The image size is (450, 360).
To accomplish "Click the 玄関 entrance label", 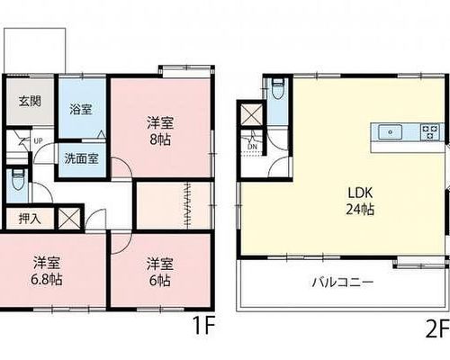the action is pyautogui.click(x=30, y=101).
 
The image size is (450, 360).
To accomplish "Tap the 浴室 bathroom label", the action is pyautogui.click(x=81, y=109).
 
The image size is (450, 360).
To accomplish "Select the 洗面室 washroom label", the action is pyautogui.click(x=82, y=158).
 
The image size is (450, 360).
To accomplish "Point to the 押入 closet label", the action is pyautogui.click(x=30, y=219).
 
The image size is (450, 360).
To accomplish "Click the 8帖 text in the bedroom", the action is pyautogui.click(x=160, y=139).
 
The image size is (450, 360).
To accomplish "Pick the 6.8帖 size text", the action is pyautogui.click(x=47, y=280).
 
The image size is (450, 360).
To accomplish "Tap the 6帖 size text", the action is pyautogui.click(x=160, y=281).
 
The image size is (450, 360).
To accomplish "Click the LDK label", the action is pyautogui.click(x=360, y=193).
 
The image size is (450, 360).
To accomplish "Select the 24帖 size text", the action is pyautogui.click(x=360, y=209).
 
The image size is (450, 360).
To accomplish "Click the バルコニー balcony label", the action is pyautogui.click(x=343, y=283).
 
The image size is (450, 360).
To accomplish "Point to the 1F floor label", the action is pyautogui.click(x=204, y=326).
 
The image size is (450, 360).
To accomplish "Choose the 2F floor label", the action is pyautogui.click(x=437, y=329).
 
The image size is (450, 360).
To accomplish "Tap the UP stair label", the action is pyautogui.click(x=38, y=140).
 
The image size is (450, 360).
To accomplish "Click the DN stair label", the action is pyautogui.click(x=253, y=147).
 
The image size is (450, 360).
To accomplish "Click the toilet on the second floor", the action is pyautogui.click(x=277, y=88).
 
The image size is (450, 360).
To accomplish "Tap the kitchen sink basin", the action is pyautogui.click(x=390, y=132).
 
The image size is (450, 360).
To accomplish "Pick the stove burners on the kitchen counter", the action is pyautogui.click(x=430, y=132).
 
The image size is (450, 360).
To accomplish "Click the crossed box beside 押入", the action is pyautogui.click(x=68, y=218).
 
